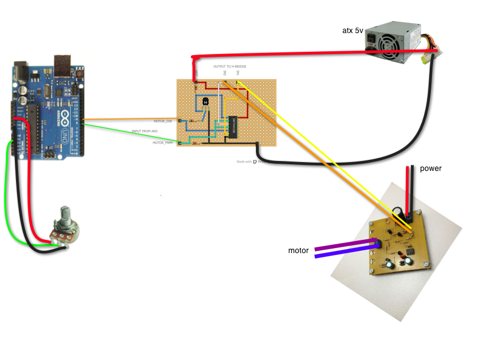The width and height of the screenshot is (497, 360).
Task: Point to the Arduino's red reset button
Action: pyautogui.click(x=81, y=72)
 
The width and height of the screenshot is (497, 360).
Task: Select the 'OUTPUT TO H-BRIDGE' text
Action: pyautogui.click(x=230, y=66)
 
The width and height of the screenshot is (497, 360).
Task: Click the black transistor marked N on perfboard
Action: pyautogui.click(x=205, y=101)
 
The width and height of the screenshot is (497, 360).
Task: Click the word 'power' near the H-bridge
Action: pyautogui.click(x=431, y=168)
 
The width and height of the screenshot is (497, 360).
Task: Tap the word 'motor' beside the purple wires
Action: pyautogui.click(x=298, y=250)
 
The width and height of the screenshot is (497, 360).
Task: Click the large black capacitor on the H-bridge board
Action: pyautogui.click(x=397, y=211)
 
